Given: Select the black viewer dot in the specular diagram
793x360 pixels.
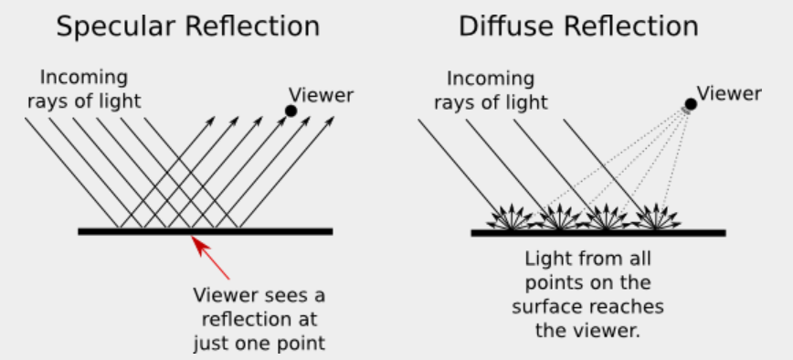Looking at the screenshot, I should (291, 111).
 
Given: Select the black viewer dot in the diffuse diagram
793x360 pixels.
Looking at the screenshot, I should (691, 104).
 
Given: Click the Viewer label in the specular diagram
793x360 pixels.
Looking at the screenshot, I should (321, 94).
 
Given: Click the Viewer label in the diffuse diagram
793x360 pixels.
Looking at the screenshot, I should (729, 92).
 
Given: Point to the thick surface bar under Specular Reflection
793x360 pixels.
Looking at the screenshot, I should (205, 231).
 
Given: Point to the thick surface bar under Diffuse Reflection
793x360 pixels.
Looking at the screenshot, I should (598, 232).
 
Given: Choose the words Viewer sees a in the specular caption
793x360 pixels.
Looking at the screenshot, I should (259, 296).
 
